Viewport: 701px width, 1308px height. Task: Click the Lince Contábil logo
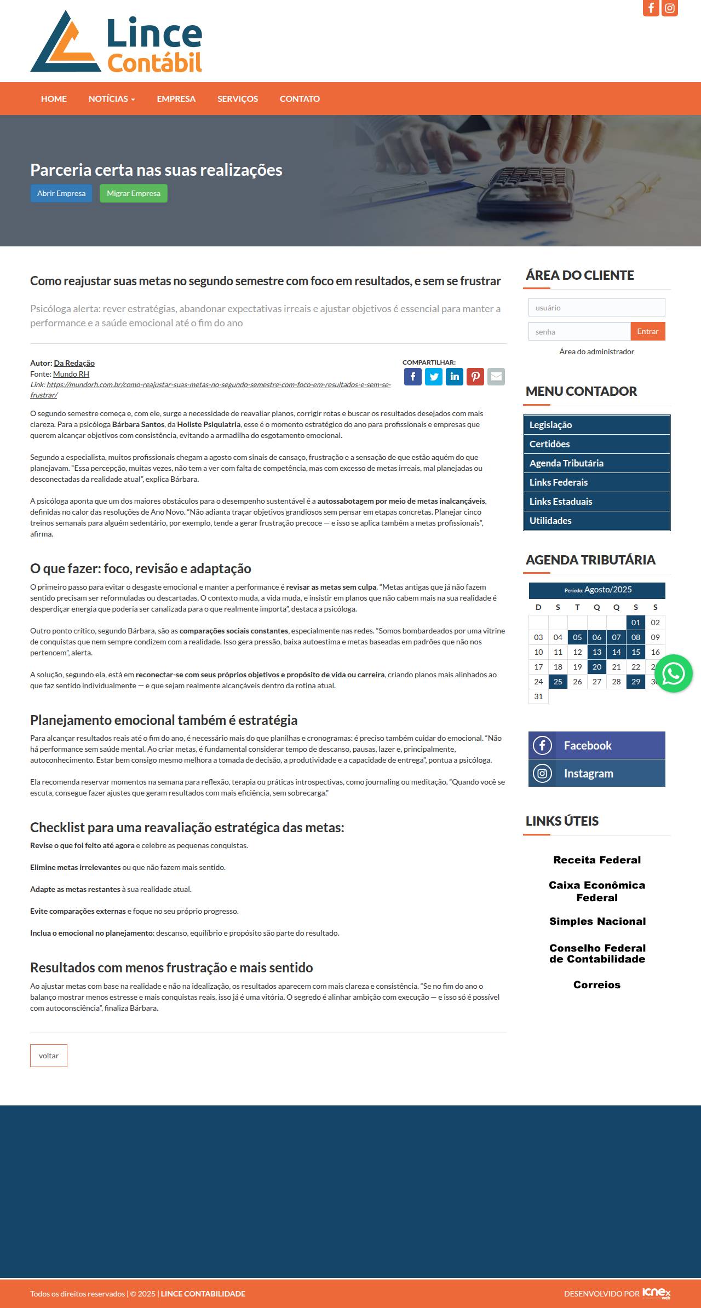(x=116, y=42)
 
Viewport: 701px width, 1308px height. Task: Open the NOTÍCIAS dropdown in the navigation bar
(x=112, y=99)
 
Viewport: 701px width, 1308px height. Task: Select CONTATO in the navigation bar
(x=300, y=99)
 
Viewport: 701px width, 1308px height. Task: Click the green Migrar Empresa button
(x=133, y=193)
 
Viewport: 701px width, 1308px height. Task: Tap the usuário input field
(x=596, y=308)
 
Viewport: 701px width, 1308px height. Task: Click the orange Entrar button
(x=647, y=332)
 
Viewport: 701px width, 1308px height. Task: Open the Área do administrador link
(x=596, y=352)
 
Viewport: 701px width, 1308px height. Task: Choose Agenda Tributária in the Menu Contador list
(x=566, y=463)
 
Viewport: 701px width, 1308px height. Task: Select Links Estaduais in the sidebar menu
(x=561, y=502)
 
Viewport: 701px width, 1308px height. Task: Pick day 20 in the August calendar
(x=597, y=667)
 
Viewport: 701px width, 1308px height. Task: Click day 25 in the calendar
(x=558, y=682)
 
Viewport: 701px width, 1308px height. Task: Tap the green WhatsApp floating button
(x=673, y=673)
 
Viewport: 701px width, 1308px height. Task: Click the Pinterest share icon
(x=475, y=377)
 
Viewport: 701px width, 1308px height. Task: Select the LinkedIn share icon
(x=455, y=377)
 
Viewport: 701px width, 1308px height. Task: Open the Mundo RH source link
(x=71, y=374)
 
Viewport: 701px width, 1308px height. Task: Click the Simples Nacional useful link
(x=597, y=921)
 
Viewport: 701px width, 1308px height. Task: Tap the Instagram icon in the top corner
(x=670, y=8)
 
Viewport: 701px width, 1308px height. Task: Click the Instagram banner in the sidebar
(x=596, y=773)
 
